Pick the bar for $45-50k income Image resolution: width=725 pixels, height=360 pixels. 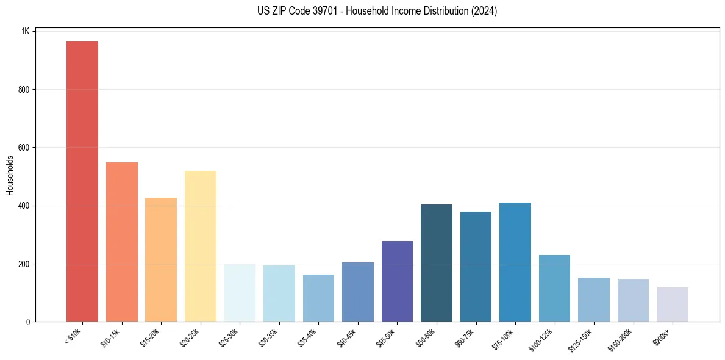click(x=397, y=281)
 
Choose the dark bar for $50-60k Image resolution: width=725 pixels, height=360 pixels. click(x=437, y=263)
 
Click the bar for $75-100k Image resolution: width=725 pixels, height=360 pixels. click(x=515, y=262)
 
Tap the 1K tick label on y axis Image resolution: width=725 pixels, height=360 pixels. click(x=25, y=31)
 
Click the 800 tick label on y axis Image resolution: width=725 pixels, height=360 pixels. click(x=23, y=90)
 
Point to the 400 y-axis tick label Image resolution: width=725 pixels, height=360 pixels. click(x=23, y=206)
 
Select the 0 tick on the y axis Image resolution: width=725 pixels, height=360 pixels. click(x=27, y=322)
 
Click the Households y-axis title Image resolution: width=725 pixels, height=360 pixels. click(x=10, y=176)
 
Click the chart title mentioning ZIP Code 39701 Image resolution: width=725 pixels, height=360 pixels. click(x=362, y=11)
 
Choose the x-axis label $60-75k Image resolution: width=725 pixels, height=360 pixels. click(x=464, y=337)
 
